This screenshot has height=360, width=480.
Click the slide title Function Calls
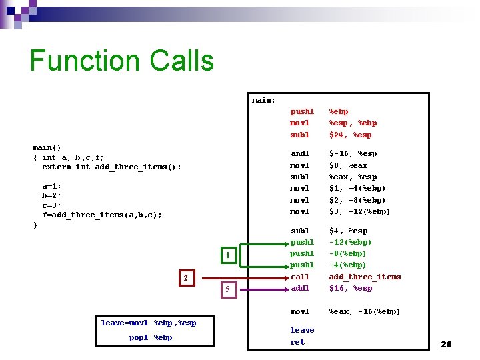[121, 61]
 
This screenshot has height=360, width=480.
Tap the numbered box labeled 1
[228, 255]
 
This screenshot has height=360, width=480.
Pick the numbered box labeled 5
[228, 289]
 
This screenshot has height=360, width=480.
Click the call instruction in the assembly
[300, 277]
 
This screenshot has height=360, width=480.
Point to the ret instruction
[297, 342]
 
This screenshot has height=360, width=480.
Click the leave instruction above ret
[302, 330]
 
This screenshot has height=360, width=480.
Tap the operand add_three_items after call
[365, 277]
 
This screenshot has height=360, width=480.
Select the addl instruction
[300, 288]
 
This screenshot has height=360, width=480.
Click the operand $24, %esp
[350, 135]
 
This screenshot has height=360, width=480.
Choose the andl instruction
[300, 153]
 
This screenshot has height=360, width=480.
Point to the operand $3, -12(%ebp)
[360, 211]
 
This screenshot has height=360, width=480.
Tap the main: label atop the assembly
[264, 101]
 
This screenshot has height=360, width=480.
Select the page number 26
[446, 344]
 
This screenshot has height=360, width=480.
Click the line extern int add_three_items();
[111, 167]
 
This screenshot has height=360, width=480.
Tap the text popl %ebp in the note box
[151, 337]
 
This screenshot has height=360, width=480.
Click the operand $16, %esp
[351, 288]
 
